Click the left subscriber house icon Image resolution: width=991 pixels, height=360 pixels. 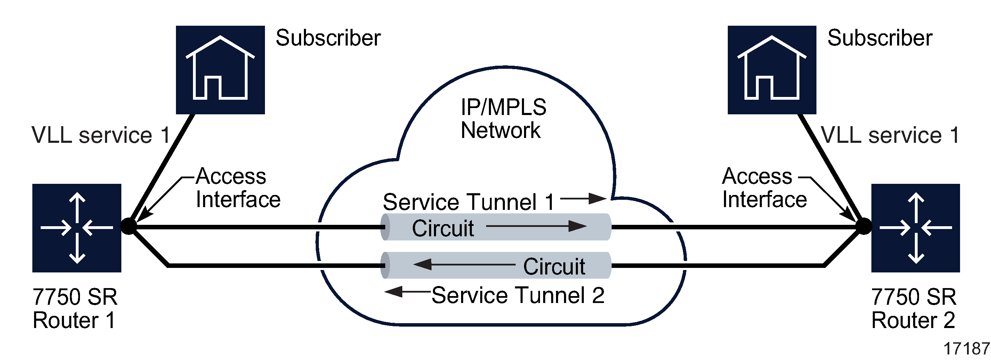pos(220,70)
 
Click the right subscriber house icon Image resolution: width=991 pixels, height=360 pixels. pos(772,70)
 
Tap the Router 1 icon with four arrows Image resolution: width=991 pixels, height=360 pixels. pos(77,228)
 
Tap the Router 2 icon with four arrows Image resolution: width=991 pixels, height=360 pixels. pos(916,228)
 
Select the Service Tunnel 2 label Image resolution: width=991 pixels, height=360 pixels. pos(518,295)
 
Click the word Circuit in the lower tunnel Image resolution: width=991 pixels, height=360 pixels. pos(554,266)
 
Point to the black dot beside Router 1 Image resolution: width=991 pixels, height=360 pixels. pos(129,226)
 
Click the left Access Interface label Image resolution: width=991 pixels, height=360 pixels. pos(238,188)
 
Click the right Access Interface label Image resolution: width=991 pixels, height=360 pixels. pos(764,188)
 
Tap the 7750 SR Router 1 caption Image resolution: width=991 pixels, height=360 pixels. pos(75,309)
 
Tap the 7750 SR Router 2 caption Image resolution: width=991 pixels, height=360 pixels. pos(913,309)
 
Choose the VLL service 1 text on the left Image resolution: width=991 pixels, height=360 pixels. pos(101,136)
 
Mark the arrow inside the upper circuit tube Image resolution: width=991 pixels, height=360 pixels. pos(536,226)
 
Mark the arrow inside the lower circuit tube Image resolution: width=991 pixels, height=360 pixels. pos(464,265)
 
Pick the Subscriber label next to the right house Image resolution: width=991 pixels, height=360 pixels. pos(880,38)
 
